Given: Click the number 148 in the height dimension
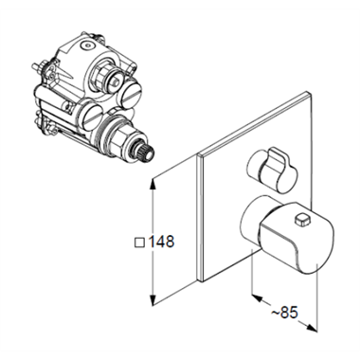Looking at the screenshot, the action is tap(161, 242).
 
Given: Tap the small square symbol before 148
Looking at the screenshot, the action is tap(139, 243).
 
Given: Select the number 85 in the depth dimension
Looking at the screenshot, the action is tap(289, 313).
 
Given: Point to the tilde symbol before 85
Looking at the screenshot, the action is tap(276, 313).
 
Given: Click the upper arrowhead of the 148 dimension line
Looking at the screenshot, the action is tap(153, 184).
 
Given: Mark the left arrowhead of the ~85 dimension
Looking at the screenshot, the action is tap(258, 297).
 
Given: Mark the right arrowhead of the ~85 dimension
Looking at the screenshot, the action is tap(311, 327).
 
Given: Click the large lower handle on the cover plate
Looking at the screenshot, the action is tap(287, 235).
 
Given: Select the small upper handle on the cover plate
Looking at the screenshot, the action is tap(272, 170).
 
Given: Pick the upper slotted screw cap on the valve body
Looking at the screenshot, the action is tap(130, 94).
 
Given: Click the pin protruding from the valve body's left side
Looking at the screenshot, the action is tap(36, 67).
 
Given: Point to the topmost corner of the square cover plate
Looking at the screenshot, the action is tap(307, 92).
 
